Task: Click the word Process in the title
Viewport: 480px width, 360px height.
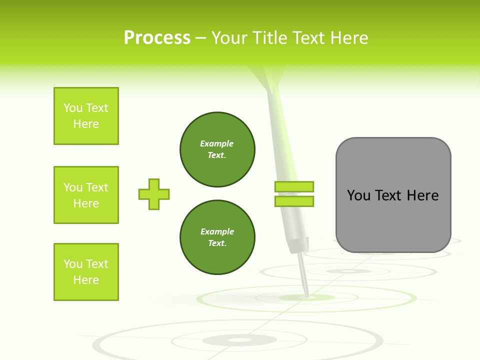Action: point(157,38)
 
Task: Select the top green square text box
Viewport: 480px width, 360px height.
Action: point(86,116)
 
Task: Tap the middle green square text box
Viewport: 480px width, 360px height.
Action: point(86,195)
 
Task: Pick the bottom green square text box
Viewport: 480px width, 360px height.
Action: point(86,272)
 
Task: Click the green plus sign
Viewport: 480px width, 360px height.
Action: point(154,194)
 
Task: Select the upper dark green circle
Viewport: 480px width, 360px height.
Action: point(217,149)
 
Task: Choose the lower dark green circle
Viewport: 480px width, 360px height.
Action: point(217,237)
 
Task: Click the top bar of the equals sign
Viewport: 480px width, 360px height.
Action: point(294,186)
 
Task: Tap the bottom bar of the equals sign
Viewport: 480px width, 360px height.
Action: point(294,201)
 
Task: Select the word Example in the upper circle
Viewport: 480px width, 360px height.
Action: point(217,143)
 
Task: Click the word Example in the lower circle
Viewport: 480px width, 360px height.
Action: point(217,231)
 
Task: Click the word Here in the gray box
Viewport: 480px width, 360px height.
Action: point(422,195)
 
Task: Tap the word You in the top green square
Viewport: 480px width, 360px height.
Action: point(73,108)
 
